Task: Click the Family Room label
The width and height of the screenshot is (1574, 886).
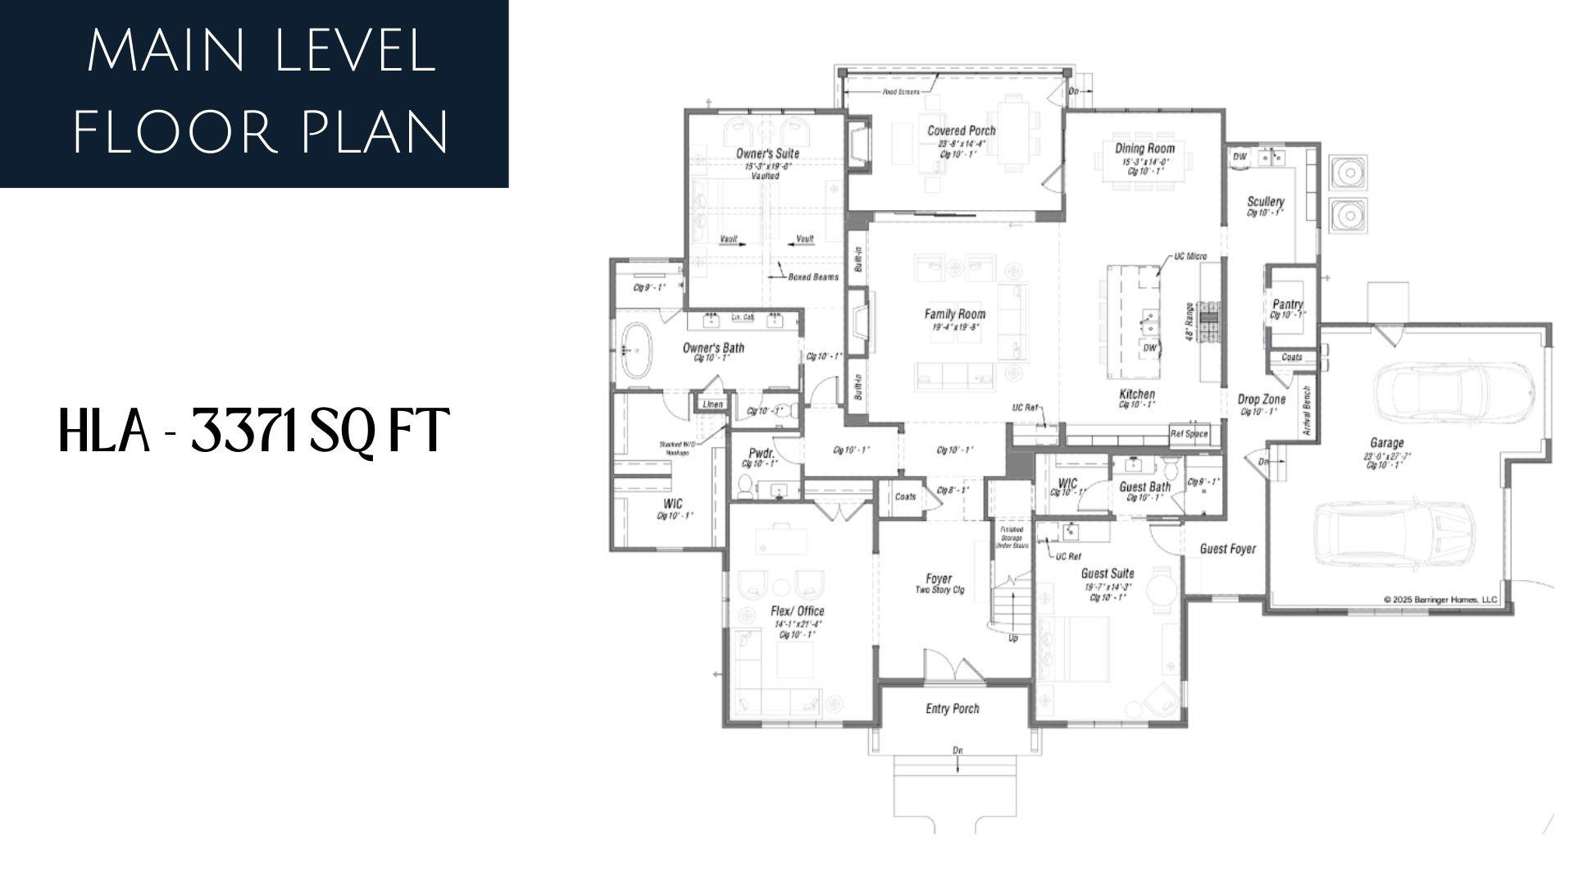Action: [x=955, y=314]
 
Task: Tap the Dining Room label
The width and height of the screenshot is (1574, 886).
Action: [x=1144, y=148]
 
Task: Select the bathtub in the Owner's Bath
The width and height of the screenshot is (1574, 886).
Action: [x=635, y=350]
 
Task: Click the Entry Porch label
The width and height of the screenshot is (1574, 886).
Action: [x=952, y=709]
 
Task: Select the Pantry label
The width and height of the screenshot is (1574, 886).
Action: [x=1287, y=304]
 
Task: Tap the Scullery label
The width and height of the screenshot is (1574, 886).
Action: [x=1265, y=202]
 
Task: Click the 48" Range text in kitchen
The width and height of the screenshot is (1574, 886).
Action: [x=1188, y=322]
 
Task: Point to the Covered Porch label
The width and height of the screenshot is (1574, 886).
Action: [x=961, y=130]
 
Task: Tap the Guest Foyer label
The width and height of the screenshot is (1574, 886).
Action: [x=1227, y=549]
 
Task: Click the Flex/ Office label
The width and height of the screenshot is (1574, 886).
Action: [x=797, y=611]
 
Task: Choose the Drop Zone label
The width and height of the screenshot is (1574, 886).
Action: [x=1261, y=400]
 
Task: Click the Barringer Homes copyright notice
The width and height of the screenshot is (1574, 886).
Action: [x=1440, y=600]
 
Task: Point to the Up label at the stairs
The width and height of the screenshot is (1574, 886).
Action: [x=1012, y=638]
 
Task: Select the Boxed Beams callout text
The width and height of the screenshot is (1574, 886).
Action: [x=812, y=277]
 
